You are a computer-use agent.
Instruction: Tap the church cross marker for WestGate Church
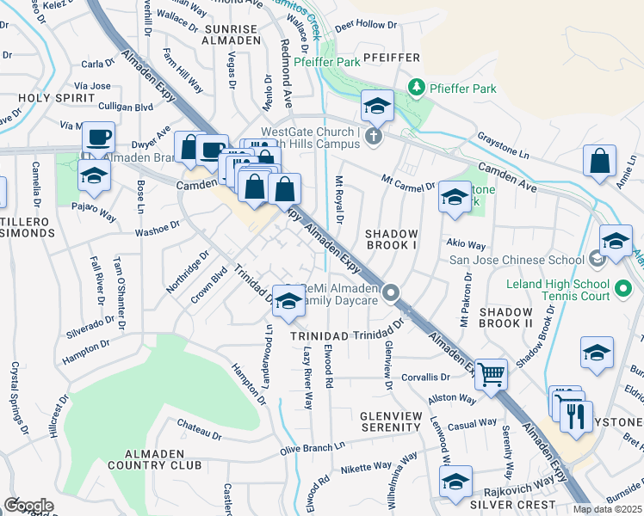[373, 136]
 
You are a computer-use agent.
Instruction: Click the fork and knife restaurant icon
[575, 416]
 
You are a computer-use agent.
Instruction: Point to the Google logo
[28, 505]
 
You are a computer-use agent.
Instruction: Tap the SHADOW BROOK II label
[505, 316]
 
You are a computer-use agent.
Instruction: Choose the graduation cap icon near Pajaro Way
[94, 175]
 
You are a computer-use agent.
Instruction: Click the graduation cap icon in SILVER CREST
[455, 482]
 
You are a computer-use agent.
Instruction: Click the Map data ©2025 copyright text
[607, 509]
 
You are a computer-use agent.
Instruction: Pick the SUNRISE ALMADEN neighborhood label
[232, 34]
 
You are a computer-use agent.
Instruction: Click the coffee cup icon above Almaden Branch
[98, 137]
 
